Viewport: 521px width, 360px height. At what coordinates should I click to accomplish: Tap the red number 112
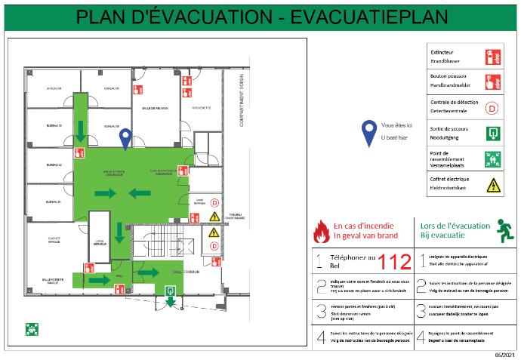(395, 263)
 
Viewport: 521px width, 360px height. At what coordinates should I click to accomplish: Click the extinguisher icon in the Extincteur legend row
(492, 56)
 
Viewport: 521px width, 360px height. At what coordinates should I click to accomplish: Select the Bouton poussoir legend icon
(492, 82)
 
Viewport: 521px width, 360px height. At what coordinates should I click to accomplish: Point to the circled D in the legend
(492, 107)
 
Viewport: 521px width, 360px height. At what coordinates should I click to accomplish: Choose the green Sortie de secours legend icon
(492, 133)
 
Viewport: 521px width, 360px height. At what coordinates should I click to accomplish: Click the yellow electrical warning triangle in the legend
(492, 184)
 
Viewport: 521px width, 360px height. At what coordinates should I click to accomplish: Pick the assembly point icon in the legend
(492, 158)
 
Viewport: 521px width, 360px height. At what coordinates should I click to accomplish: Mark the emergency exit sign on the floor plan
(171, 289)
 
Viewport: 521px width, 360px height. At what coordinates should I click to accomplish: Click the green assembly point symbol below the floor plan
(32, 328)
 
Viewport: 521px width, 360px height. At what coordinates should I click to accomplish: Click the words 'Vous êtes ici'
(397, 125)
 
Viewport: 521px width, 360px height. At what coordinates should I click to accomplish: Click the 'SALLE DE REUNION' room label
(155, 108)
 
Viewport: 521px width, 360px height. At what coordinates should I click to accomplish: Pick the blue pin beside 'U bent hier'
(368, 133)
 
